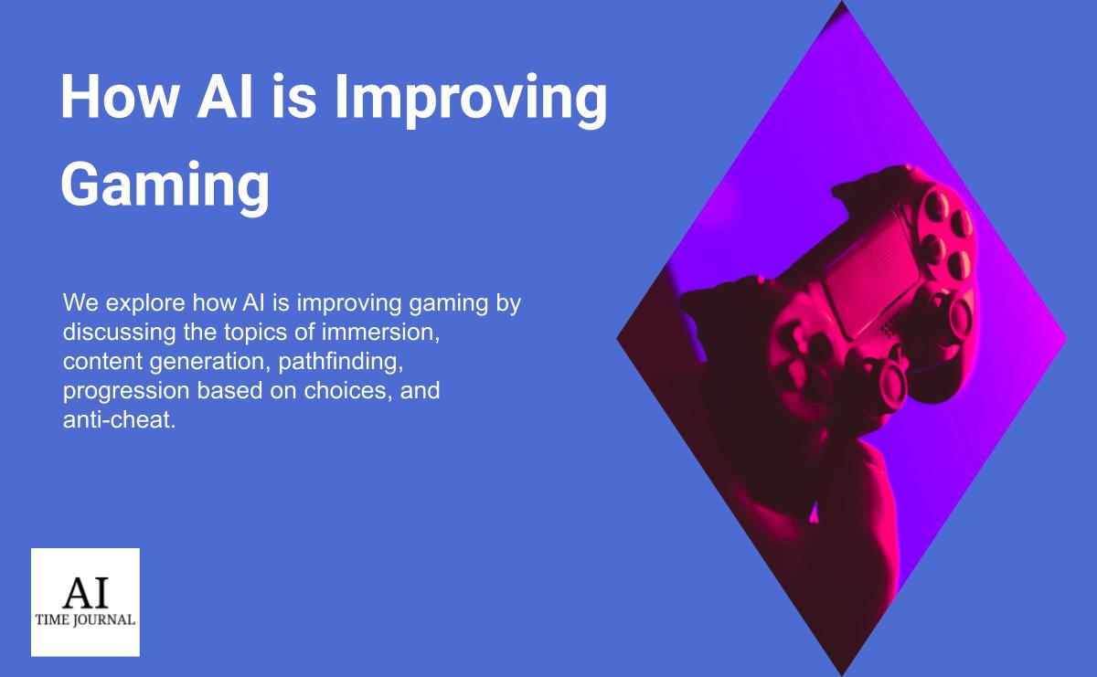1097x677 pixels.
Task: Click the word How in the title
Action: point(115,97)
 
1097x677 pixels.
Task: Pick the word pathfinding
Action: point(341,362)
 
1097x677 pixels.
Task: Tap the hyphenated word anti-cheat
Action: point(118,420)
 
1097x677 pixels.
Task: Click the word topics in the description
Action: point(252,333)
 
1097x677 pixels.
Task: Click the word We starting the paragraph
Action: point(77,303)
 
